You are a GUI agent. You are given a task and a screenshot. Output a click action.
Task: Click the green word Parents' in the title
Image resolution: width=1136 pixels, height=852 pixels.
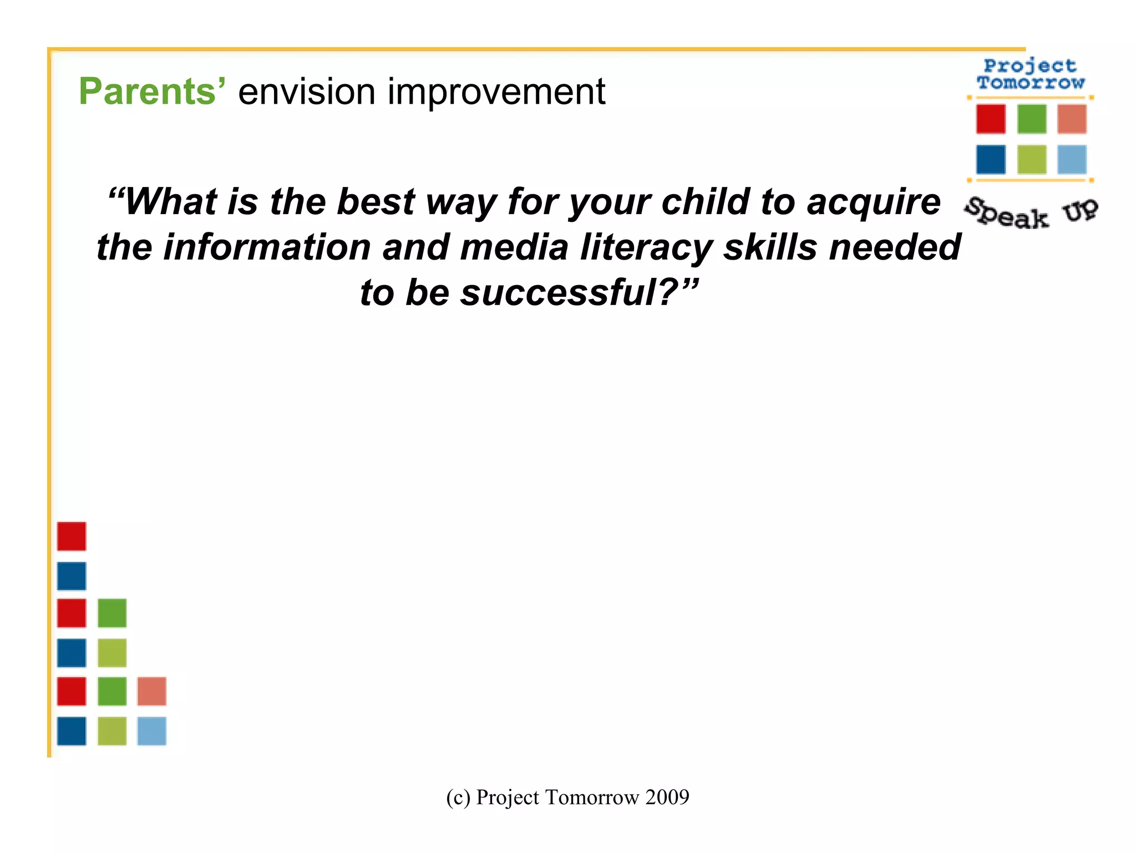pyautogui.click(x=152, y=92)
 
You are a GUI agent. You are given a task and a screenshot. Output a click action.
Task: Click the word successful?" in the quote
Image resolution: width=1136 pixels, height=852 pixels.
pyautogui.click(x=580, y=293)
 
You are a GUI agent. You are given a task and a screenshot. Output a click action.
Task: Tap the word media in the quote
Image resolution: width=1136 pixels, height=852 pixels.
pyautogui.click(x=514, y=247)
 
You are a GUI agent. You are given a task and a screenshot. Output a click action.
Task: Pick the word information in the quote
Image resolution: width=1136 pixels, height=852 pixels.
pyautogui.click(x=267, y=247)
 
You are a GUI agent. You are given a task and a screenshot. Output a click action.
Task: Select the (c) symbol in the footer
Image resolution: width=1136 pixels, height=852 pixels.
pyautogui.click(x=458, y=798)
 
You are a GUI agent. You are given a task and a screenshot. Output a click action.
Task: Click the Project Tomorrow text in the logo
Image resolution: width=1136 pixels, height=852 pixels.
pyautogui.click(x=1030, y=74)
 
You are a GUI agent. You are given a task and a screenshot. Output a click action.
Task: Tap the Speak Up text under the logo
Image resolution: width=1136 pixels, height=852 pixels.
pyautogui.click(x=1031, y=214)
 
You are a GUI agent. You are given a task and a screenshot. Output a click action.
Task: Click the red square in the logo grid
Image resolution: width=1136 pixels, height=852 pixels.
pyautogui.click(x=991, y=119)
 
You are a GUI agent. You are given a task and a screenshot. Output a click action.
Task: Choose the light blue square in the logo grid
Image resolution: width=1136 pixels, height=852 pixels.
pyautogui.click(x=1072, y=160)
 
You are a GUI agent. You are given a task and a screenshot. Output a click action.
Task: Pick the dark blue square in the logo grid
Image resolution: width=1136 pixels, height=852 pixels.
pyautogui.click(x=991, y=160)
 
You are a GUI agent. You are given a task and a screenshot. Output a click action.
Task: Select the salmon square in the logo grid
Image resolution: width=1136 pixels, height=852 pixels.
pyautogui.click(x=1072, y=119)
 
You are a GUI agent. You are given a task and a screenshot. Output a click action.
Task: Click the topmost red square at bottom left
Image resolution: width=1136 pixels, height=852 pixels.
pyautogui.click(x=72, y=536)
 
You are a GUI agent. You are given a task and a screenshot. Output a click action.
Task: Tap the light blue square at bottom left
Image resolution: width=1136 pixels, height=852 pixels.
pyautogui.click(x=151, y=731)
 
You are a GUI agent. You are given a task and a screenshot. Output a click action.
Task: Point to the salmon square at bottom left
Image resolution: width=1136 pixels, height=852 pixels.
pyautogui.click(x=151, y=691)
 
